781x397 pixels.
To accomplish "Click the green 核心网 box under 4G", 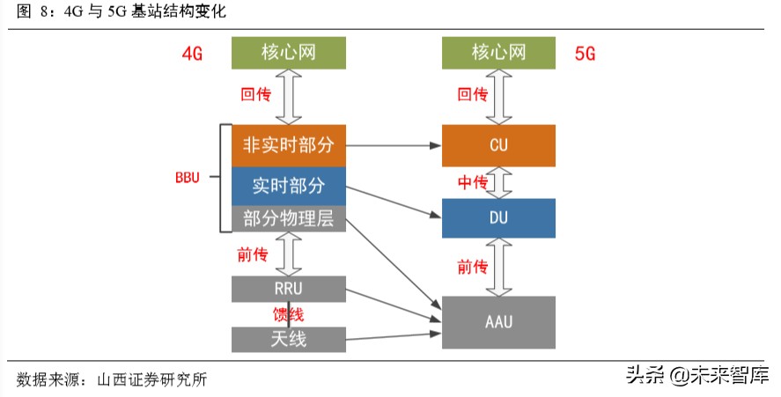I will (288, 53).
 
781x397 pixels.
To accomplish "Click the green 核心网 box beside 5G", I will (498, 53).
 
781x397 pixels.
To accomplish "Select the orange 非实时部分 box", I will (288, 144).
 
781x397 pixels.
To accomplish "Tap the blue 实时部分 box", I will (288, 186).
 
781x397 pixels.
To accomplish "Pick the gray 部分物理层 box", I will (288, 219).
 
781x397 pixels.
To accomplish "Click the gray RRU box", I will (288, 288).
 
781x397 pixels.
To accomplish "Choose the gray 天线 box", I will (288, 338).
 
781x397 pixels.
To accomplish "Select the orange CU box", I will (498, 145).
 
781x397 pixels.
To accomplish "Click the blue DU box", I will (498, 217).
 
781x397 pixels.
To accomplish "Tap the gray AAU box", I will (498, 322).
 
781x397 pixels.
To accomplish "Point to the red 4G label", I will (192, 54).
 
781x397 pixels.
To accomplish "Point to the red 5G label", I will (586, 54).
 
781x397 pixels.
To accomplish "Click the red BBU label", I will (188, 177).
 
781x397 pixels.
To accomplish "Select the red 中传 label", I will (472, 182).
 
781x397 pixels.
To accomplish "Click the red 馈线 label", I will (290, 313).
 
